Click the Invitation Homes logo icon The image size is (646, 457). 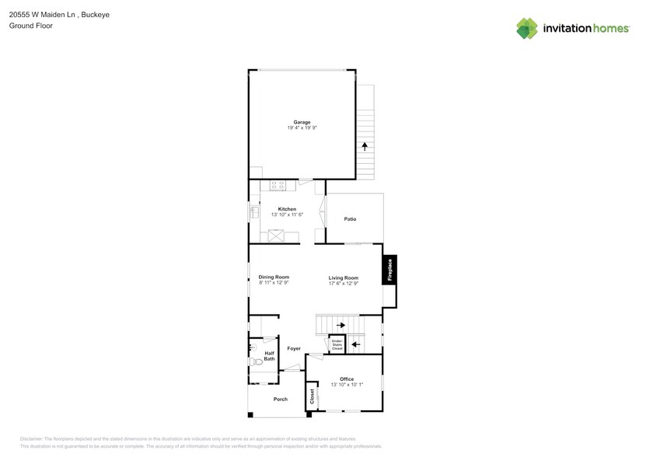point(527,29)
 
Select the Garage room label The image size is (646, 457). point(302,122)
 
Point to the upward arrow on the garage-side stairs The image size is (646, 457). point(365,146)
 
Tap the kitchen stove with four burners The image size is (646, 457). point(278,185)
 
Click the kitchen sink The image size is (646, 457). point(254,211)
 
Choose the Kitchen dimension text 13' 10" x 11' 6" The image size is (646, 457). point(287,215)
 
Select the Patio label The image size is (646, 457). point(350,219)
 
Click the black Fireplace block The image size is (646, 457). point(390,270)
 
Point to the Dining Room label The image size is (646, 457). point(274,277)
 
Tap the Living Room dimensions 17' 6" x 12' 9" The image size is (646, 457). point(343,284)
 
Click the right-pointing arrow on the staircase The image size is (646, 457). point(340,326)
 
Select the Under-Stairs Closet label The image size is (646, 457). point(337,345)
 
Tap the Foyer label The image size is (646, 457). point(293,348)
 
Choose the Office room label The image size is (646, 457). point(347,379)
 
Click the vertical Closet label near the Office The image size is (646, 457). point(312,396)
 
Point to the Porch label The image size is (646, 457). point(280,399)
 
